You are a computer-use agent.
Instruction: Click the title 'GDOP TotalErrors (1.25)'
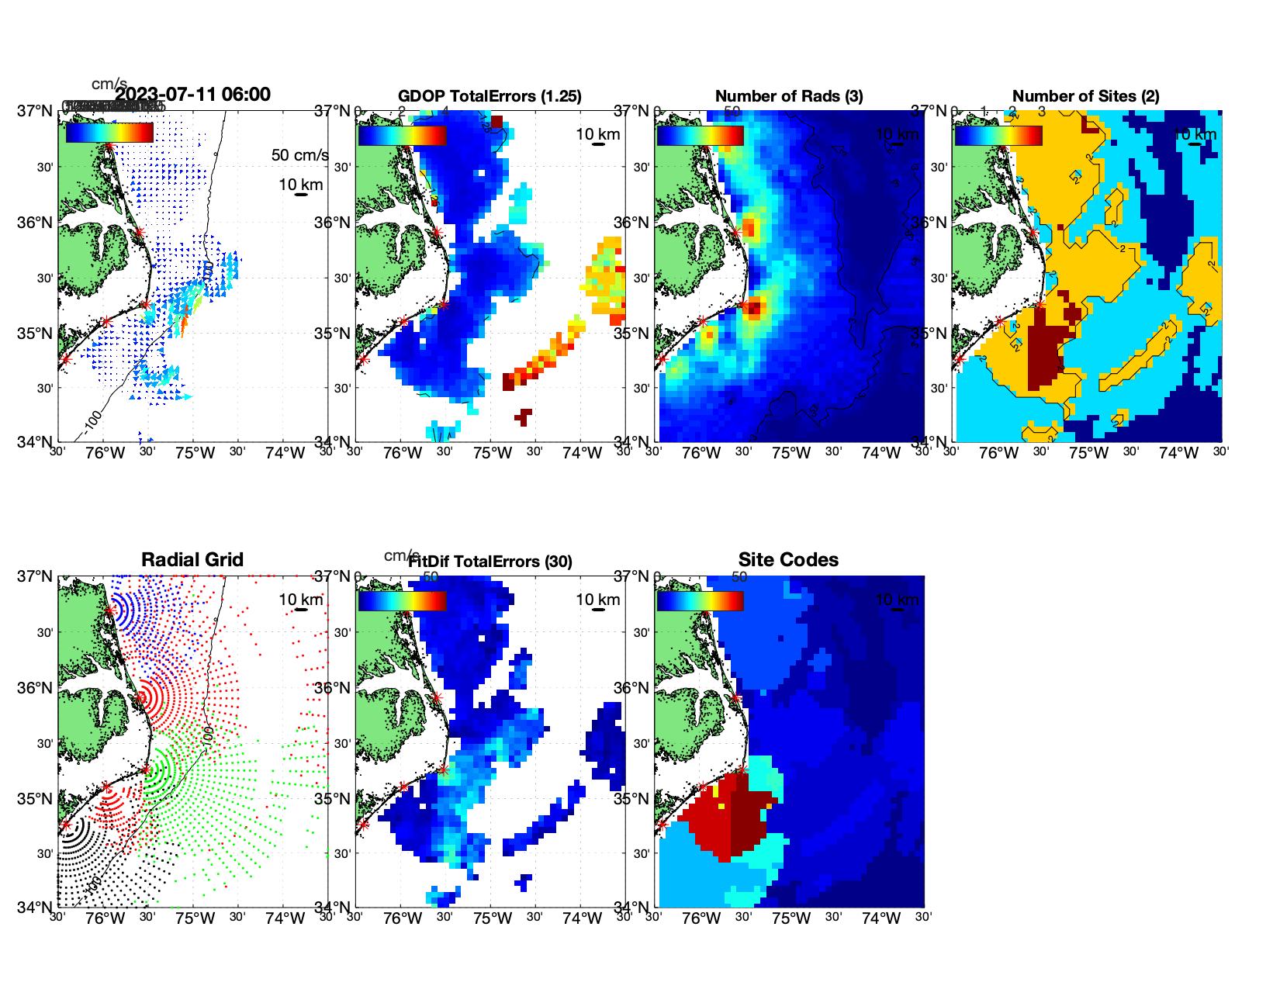[490, 96]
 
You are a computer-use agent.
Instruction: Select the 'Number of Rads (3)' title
[789, 96]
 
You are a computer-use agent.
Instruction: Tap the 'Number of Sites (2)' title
[1085, 96]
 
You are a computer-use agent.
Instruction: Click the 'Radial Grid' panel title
[192, 560]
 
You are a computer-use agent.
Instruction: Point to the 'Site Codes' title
[788, 560]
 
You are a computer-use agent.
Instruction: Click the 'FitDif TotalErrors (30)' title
[490, 562]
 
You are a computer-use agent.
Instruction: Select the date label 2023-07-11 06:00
[192, 95]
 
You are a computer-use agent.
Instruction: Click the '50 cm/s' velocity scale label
[299, 155]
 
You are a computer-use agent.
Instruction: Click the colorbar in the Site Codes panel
[700, 600]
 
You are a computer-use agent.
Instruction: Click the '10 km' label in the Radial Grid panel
[301, 600]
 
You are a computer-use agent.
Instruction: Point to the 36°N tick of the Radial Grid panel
[35, 688]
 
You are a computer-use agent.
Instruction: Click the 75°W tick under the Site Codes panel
[790, 918]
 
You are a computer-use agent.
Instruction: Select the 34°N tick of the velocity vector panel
[35, 442]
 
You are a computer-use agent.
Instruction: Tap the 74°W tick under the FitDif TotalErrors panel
[582, 918]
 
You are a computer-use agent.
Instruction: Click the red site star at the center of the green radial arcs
[145, 769]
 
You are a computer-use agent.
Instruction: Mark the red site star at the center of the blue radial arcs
[109, 610]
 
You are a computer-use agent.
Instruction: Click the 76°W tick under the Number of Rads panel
[701, 453]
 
